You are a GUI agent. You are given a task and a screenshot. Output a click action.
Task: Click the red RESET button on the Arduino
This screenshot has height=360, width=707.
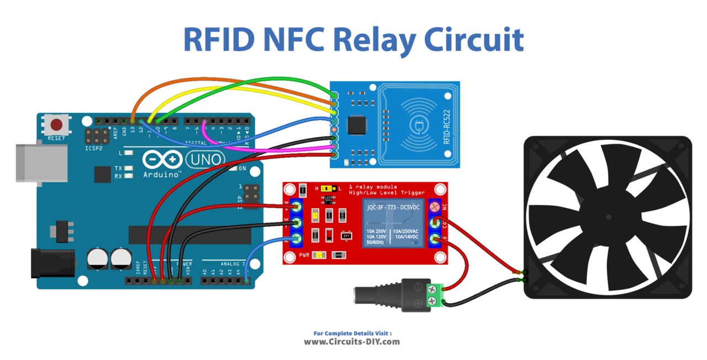coord(57,125)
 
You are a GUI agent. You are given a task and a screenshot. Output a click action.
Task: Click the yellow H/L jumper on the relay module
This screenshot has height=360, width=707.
coord(326,188)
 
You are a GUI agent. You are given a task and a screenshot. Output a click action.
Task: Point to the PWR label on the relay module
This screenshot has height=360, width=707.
coord(304,255)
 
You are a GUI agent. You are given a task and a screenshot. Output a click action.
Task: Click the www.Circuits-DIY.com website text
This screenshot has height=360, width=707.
coord(352,342)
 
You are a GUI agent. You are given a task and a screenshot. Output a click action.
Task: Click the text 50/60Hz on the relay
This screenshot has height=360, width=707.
coord(376,242)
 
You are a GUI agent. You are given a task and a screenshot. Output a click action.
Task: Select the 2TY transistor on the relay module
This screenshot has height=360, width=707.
coord(347,235)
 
